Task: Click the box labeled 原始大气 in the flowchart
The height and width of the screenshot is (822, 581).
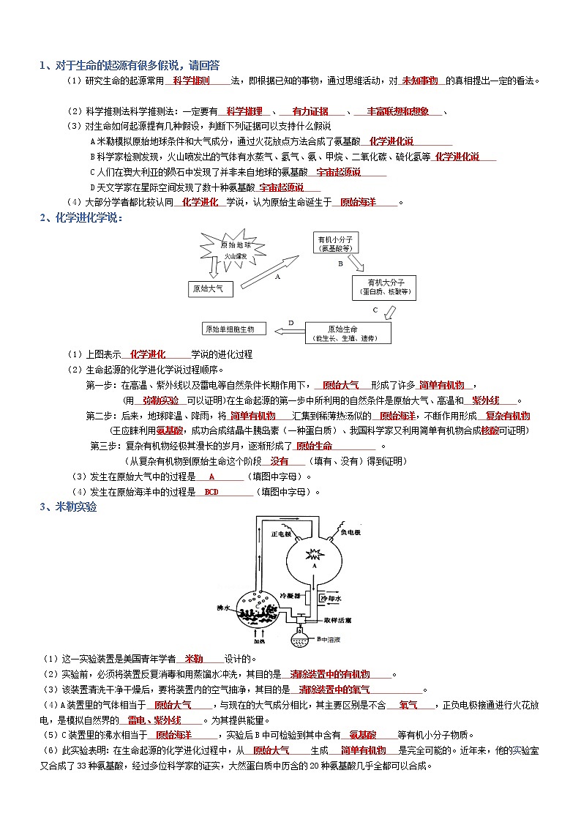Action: coord(211,289)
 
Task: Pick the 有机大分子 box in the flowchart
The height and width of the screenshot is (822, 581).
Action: coord(386,286)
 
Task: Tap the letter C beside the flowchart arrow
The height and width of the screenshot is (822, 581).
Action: coord(375,310)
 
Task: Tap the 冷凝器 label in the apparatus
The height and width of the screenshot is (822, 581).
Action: coord(290,596)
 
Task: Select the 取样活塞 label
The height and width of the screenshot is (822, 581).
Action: coord(340,620)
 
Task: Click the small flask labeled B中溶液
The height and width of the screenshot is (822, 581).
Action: coord(301,638)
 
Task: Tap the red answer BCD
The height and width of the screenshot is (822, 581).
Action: coord(211,492)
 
